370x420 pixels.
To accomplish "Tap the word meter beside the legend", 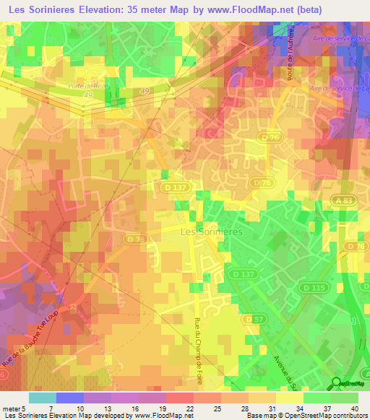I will click(x=10, y=408).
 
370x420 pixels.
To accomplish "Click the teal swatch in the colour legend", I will click(x=42, y=398).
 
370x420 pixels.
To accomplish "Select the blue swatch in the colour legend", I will click(x=69, y=398).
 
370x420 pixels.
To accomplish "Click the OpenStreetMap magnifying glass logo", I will click(x=337, y=384).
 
